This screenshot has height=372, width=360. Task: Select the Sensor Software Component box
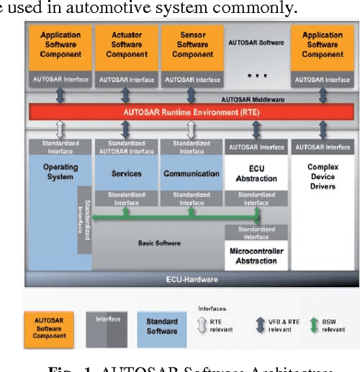[192, 44]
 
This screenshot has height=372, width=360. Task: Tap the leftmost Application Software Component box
[60, 44]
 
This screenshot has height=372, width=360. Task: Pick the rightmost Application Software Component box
[322, 44]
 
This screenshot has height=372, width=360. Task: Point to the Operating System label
[60, 172]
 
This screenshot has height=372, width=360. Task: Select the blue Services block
[126, 173]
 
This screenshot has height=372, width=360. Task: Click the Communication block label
[192, 173]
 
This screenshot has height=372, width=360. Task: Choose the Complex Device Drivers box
[322, 176]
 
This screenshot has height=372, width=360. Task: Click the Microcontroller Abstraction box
[256, 255]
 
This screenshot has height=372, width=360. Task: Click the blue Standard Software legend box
[161, 326]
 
